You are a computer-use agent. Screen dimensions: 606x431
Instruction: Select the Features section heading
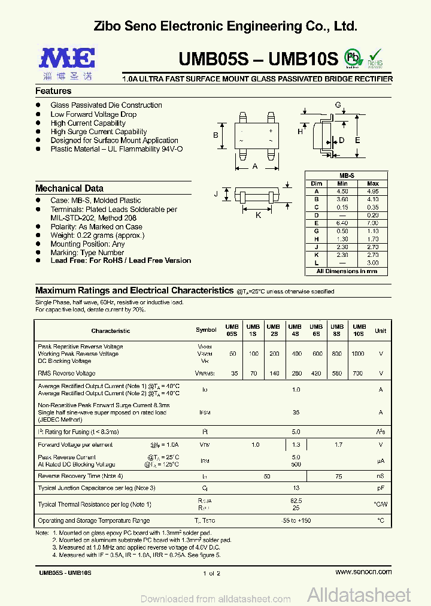point(53,91)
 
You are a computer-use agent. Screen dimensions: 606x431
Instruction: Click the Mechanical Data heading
point(69,188)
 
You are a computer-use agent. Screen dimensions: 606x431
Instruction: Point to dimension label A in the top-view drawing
point(255,166)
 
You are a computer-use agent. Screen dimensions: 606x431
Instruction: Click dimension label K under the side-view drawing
point(259,215)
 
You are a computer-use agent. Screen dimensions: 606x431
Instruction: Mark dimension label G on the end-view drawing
point(338,105)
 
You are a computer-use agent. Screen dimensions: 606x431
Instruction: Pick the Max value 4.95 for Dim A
point(372,192)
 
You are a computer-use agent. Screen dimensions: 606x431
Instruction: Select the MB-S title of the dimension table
point(347,175)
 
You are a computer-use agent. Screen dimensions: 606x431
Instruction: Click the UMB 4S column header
point(296,330)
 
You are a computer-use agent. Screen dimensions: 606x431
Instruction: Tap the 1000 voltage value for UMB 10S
point(357,354)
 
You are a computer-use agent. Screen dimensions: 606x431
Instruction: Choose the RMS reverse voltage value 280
point(296,373)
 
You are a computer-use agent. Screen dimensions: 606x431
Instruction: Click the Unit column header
point(380,331)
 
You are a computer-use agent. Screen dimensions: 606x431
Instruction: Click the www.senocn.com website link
point(363,572)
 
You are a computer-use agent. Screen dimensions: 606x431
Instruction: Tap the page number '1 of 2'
point(212,573)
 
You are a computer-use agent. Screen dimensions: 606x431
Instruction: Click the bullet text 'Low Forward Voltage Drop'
point(93,114)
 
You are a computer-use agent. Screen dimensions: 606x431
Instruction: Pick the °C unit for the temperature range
point(380,521)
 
